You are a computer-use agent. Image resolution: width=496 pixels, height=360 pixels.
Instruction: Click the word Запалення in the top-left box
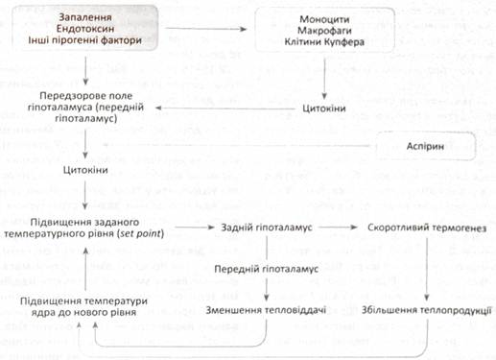(85, 17)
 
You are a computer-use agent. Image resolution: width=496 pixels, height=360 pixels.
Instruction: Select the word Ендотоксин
(85, 29)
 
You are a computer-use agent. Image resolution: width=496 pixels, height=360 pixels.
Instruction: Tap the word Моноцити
(324, 19)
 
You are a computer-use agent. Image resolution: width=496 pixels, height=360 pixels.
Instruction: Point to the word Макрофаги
(324, 31)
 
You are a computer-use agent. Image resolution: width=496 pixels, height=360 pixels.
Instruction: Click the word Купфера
(344, 42)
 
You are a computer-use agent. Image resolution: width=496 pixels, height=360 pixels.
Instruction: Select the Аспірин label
(425, 147)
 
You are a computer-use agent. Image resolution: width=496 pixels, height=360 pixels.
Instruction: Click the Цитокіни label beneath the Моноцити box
(324, 108)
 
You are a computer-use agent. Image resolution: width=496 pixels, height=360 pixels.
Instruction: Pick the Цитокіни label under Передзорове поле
(85, 170)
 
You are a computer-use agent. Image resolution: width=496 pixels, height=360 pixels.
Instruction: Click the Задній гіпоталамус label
(267, 228)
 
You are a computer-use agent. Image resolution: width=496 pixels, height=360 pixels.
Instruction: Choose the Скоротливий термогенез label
(427, 228)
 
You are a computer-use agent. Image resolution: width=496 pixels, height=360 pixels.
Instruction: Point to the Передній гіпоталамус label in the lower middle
(266, 269)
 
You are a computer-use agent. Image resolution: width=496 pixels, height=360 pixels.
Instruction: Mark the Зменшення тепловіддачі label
(266, 310)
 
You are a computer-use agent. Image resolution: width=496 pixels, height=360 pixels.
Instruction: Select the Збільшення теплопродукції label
(426, 310)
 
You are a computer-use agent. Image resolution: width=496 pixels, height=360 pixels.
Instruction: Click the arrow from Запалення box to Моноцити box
(206, 29)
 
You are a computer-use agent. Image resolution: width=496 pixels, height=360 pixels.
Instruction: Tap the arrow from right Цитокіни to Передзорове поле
(225, 108)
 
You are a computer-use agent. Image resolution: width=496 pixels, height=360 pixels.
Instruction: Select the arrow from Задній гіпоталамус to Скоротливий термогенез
(338, 228)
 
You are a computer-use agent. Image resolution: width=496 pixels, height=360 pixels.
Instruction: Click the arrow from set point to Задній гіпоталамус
(195, 228)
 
